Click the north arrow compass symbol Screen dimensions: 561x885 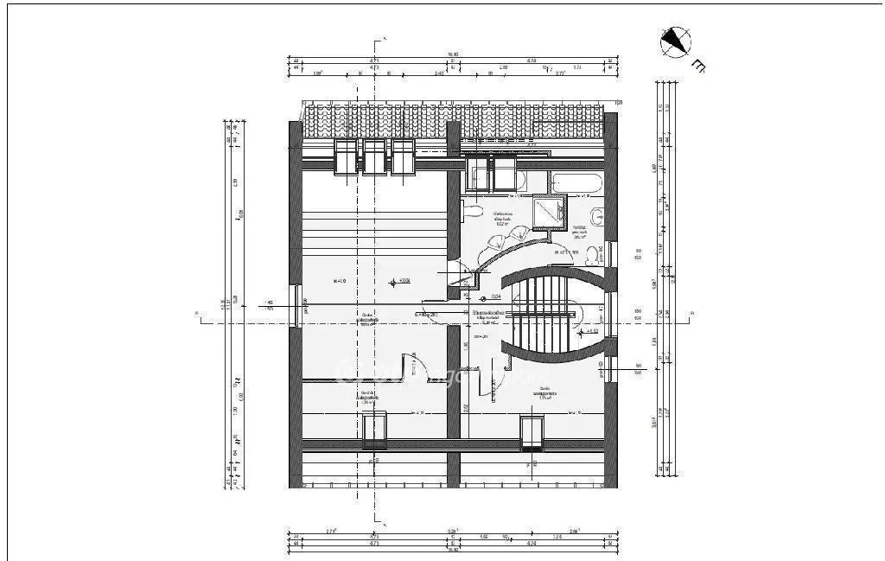(676, 41)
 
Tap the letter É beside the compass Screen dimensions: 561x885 (698, 66)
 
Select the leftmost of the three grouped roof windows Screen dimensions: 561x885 (347, 158)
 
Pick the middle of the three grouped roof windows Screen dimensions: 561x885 (374, 158)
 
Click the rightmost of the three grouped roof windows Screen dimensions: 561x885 (403, 158)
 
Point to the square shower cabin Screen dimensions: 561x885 (547, 213)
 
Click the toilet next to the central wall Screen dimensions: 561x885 (473, 211)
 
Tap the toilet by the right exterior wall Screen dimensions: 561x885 (595, 255)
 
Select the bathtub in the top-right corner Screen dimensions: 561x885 (577, 183)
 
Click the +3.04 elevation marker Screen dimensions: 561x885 (399, 281)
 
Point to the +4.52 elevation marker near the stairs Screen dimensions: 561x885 (590, 330)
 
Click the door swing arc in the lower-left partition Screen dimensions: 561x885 (417, 367)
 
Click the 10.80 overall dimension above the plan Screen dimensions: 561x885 (452, 54)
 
